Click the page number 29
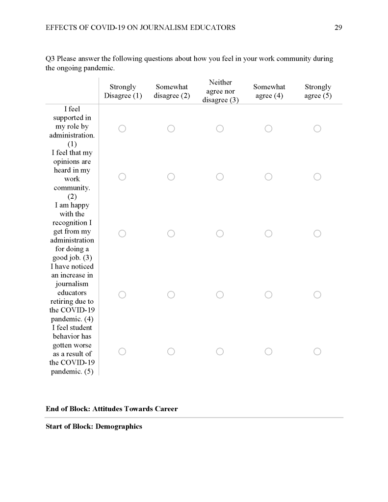338,27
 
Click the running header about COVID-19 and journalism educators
140,27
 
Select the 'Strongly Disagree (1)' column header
123,91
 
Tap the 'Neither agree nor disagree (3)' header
220,91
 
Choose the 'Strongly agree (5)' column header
317,91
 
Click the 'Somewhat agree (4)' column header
269,91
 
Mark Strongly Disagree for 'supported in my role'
122,129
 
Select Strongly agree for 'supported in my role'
317,129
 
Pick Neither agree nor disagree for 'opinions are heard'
220,177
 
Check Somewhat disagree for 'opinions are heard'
171,177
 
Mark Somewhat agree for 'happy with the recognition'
269,234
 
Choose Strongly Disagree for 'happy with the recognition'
122,234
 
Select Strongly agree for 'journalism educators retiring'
317,294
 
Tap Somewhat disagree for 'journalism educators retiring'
171,294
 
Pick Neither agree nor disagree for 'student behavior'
220,351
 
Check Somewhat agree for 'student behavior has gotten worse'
269,351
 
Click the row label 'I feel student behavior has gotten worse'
72,349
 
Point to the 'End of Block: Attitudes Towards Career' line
111,409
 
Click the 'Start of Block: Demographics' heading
94,426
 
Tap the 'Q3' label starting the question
50,59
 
